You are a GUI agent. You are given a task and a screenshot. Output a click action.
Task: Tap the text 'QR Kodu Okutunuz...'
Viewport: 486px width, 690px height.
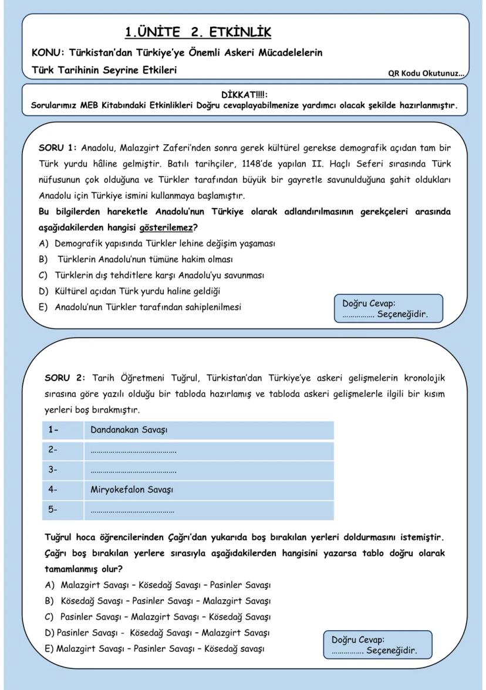[426, 74]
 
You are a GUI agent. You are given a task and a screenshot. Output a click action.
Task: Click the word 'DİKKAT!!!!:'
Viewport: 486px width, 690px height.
[244, 94]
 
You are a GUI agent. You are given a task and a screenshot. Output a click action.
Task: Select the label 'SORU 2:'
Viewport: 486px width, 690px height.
[65, 377]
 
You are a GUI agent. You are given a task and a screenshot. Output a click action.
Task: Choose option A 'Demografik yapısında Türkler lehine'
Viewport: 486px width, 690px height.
[164, 243]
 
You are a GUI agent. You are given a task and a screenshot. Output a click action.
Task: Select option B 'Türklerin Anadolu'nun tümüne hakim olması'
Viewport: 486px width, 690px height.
[148, 259]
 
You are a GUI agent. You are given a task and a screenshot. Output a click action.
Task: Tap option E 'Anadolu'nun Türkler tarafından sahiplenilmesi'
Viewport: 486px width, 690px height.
[147, 307]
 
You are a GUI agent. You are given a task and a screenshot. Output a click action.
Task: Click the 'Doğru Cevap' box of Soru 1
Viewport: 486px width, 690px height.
[387, 308]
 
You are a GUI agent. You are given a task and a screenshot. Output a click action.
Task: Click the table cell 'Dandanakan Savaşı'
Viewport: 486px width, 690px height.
[129, 430]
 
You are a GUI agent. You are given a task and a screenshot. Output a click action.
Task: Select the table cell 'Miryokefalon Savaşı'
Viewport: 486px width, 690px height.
[132, 490]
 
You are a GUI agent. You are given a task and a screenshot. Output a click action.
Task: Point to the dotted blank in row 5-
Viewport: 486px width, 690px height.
[133, 510]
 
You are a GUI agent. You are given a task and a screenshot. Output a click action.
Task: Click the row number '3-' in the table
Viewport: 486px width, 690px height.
[53, 470]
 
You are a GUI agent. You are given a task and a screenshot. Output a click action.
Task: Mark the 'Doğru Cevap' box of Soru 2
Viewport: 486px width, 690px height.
[377, 645]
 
